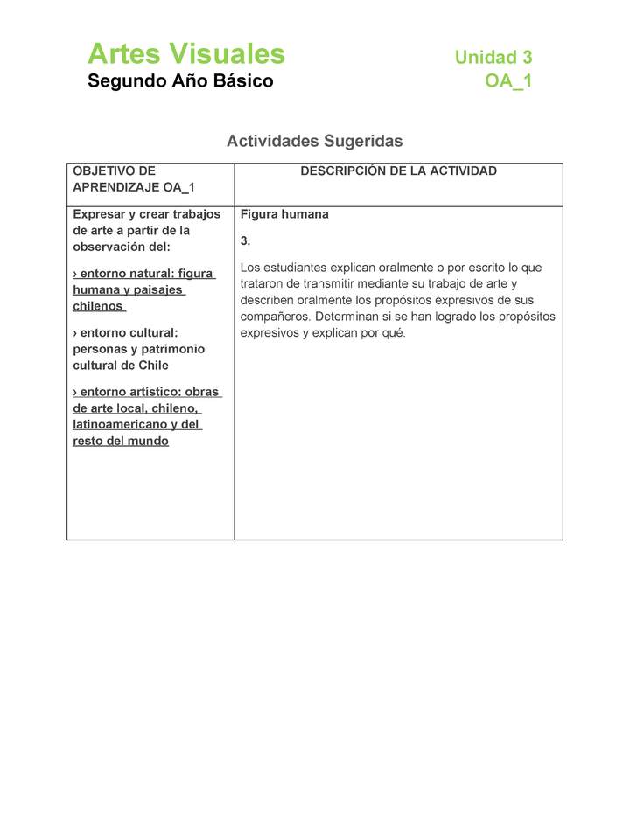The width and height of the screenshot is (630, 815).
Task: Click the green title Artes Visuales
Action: coord(185,54)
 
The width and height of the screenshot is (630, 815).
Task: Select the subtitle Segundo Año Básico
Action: coord(180,81)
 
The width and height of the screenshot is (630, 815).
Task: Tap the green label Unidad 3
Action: coord(493,58)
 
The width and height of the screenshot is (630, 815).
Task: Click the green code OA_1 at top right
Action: coord(508,81)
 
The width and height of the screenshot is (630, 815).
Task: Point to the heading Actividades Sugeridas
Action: coord(314,141)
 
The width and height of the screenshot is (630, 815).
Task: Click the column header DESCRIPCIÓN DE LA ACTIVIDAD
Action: coord(398,171)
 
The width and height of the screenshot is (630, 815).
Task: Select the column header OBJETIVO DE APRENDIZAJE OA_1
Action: coord(133,179)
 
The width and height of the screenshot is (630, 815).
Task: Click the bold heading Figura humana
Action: coord(284,214)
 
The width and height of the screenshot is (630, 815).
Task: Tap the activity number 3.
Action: coord(245,240)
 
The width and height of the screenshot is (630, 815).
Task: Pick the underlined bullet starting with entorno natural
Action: coord(143,290)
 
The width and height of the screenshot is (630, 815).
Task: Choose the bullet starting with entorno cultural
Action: coord(138,349)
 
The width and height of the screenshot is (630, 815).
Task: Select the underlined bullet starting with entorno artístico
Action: coord(146,416)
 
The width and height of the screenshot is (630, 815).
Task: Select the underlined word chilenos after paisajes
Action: coord(98,307)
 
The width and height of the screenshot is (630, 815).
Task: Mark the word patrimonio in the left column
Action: coord(173,349)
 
